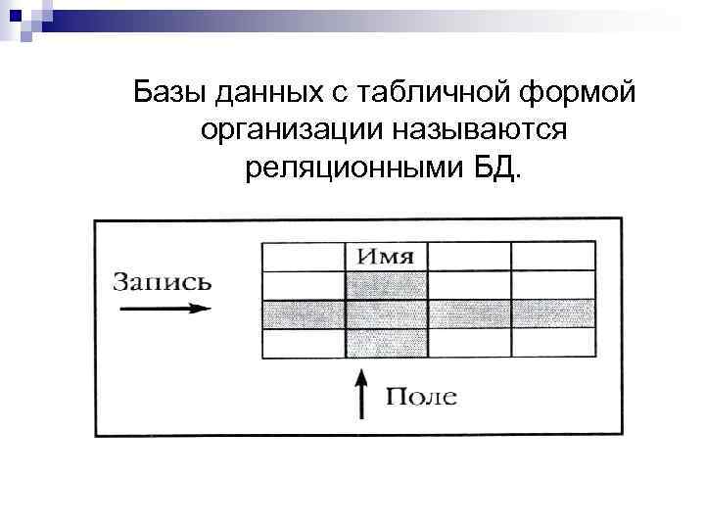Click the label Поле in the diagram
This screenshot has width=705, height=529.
click(421, 397)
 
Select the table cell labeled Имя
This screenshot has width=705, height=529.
click(386, 257)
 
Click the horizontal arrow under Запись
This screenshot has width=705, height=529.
click(163, 309)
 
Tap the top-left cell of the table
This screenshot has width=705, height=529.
click(304, 257)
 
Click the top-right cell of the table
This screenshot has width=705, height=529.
click(553, 257)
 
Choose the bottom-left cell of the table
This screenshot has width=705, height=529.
click(304, 343)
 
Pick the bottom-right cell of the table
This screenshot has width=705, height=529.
click(553, 343)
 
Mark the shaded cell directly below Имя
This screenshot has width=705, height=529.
click(386, 285)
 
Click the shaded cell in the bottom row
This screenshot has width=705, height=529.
click(386, 343)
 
